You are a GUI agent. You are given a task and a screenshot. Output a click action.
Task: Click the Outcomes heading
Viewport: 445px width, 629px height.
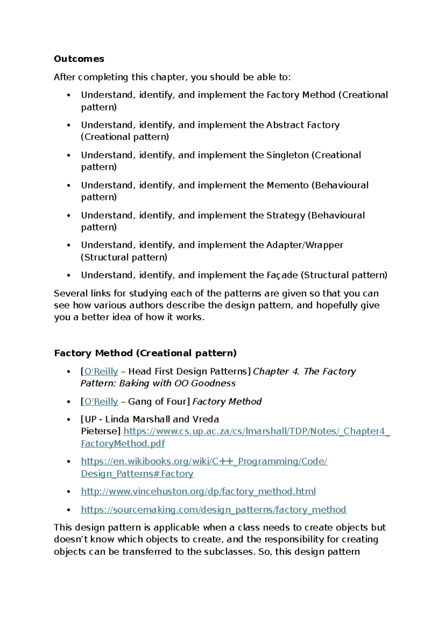[79, 59]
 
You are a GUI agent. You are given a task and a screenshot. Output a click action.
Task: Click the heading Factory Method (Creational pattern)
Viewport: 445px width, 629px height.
[145, 353]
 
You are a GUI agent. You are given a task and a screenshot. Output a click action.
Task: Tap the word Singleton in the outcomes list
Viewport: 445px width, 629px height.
[287, 155]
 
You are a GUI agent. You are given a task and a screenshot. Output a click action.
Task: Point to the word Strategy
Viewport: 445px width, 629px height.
[286, 215]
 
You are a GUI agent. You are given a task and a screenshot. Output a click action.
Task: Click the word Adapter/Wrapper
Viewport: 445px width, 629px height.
[304, 245]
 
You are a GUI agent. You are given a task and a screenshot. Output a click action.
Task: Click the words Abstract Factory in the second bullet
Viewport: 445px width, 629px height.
[303, 125]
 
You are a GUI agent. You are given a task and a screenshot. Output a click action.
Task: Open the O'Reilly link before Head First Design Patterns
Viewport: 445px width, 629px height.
[101, 372]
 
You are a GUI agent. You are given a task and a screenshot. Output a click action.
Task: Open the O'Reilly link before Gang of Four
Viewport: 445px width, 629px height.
[101, 402]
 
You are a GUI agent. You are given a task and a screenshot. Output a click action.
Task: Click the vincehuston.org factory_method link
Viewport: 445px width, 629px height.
[198, 491]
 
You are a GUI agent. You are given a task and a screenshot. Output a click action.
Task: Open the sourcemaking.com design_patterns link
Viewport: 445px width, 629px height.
[213, 510]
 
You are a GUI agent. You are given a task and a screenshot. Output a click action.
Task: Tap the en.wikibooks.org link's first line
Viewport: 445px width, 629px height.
[204, 461]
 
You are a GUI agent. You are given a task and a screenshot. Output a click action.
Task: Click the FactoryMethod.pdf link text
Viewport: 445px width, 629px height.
[123, 444]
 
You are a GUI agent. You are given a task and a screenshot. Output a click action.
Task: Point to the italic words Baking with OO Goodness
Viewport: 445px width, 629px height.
[177, 383]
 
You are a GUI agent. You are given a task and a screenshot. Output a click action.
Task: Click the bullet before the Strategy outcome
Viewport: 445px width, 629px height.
[68, 215]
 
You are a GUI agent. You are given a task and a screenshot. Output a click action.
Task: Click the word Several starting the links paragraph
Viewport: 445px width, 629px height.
[71, 293]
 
